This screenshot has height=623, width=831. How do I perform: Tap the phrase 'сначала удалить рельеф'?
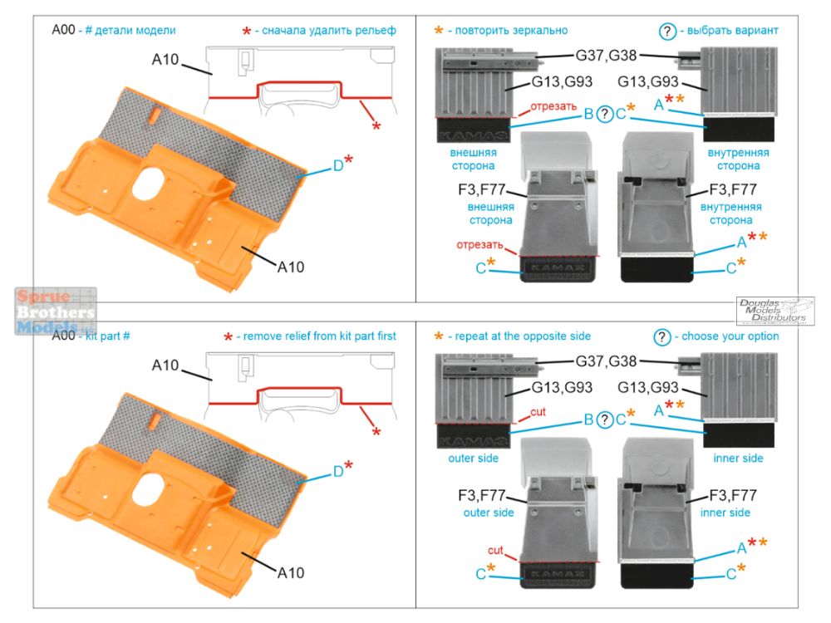[329, 31]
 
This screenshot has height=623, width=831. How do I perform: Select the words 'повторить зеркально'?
[508, 31]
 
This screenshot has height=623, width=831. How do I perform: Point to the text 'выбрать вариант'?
[730, 31]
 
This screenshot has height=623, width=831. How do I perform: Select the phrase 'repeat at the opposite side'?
[519, 336]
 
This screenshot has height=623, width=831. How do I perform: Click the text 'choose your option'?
[729, 336]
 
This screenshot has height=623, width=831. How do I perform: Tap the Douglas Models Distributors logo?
[774, 311]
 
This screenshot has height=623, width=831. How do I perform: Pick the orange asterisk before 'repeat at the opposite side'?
[438, 337]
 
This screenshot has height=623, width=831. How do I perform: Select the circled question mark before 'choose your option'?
[662, 336]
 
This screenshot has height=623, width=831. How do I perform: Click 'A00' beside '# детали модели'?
[64, 31]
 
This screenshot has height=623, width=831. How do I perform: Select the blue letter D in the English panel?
[338, 471]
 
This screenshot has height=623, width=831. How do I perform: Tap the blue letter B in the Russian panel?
[588, 114]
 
